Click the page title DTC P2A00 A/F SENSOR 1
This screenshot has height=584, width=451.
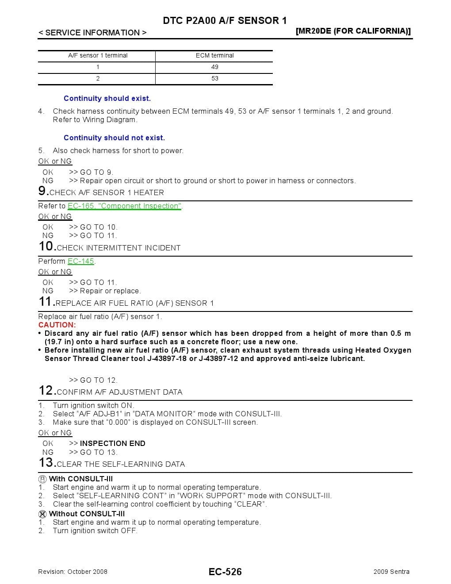click(x=225, y=20)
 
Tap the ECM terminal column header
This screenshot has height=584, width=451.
click(x=214, y=55)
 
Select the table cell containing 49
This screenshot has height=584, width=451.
click(x=214, y=67)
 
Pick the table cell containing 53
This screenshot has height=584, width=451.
click(x=214, y=78)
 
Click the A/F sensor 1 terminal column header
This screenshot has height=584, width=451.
click(x=98, y=55)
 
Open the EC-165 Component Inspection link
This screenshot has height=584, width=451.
click(x=124, y=206)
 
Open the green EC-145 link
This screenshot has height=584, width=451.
click(x=81, y=261)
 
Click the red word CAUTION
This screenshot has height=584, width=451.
click(x=57, y=325)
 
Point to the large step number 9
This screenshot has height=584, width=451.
click(x=43, y=191)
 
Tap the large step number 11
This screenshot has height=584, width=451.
click(x=46, y=302)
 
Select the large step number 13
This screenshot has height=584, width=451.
click(x=46, y=463)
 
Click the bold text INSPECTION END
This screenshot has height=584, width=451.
click(x=112, y=443)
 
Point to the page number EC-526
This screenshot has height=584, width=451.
click(x=225, y=572)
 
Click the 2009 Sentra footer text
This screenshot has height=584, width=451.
click(x=391, y=572)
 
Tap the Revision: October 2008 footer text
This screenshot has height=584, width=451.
click(x=73, y=572)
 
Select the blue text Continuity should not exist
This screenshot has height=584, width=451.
click(x=114, y=138)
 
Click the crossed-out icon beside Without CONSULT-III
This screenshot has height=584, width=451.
click(x=42, y=514)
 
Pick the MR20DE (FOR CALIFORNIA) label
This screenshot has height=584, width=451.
click(x=353, y=31)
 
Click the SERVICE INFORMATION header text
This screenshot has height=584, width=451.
click(x=92, y=33)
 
